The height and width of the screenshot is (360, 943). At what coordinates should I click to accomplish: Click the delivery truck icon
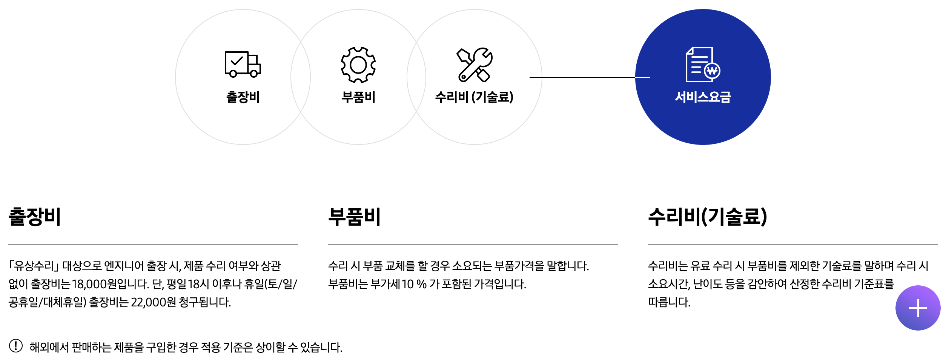coord(243,64)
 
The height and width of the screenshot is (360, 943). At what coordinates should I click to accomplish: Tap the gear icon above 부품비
coord(358,65)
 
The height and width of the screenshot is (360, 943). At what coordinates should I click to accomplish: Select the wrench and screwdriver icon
coord(475,65)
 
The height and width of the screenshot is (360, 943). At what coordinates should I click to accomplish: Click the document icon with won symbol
coord(702,65)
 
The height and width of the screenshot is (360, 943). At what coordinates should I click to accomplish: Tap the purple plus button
coord(917,308)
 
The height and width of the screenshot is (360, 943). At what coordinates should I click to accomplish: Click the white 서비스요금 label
coord(703,97)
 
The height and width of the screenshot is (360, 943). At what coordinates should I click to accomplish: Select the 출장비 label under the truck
coord(243,97)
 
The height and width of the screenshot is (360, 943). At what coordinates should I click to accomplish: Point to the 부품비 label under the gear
coord(358,97)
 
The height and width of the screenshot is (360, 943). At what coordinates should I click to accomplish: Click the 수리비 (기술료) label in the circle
coord(474,97)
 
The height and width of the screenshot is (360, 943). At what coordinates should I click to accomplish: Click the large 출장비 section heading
coord(35,217)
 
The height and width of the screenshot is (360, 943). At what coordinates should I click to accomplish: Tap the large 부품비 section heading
coord(354,217)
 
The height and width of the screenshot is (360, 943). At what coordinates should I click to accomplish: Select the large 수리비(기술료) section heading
coord(707,217)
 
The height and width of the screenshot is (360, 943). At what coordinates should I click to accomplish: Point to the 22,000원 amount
coord(153,302)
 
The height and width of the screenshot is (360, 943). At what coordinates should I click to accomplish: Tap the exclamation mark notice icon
coord(16,346)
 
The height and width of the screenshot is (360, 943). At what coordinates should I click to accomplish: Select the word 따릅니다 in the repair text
coord(668,302)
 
